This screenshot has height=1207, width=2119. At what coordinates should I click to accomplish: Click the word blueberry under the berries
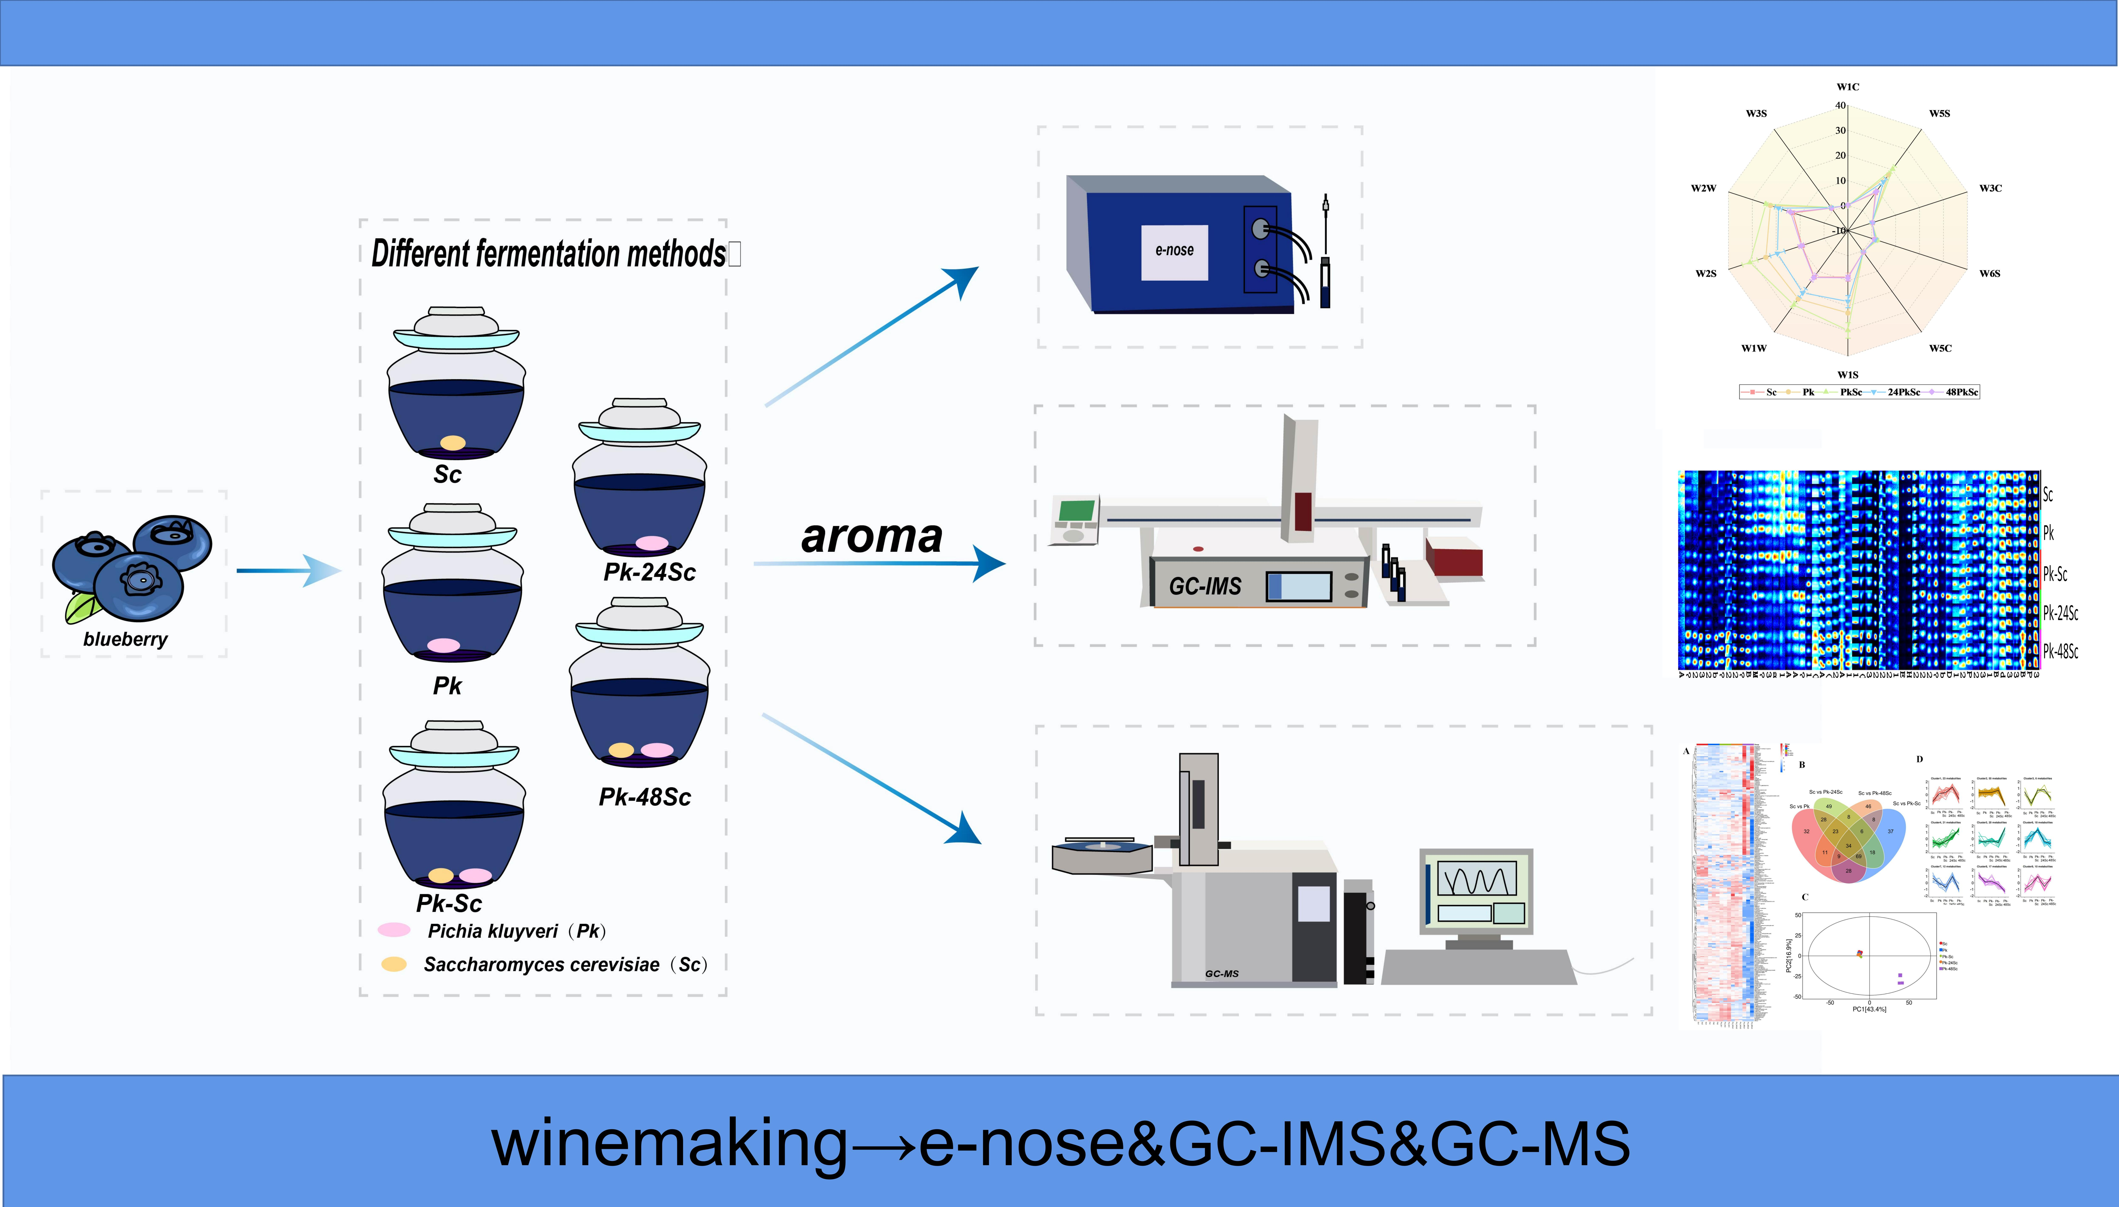point(125,639)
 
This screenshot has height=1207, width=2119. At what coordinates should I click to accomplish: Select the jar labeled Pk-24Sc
point(639,481)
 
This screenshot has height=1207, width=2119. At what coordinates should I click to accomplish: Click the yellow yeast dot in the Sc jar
point(453,443)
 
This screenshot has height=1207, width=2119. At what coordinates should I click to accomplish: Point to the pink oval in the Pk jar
point(444,645)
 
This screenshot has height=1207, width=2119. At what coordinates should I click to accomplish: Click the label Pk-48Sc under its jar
point(645,798)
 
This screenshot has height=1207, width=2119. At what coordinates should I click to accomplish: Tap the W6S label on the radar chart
point(1990,273)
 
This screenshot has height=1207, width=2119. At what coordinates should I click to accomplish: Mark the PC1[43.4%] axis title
point(1869,1009)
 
